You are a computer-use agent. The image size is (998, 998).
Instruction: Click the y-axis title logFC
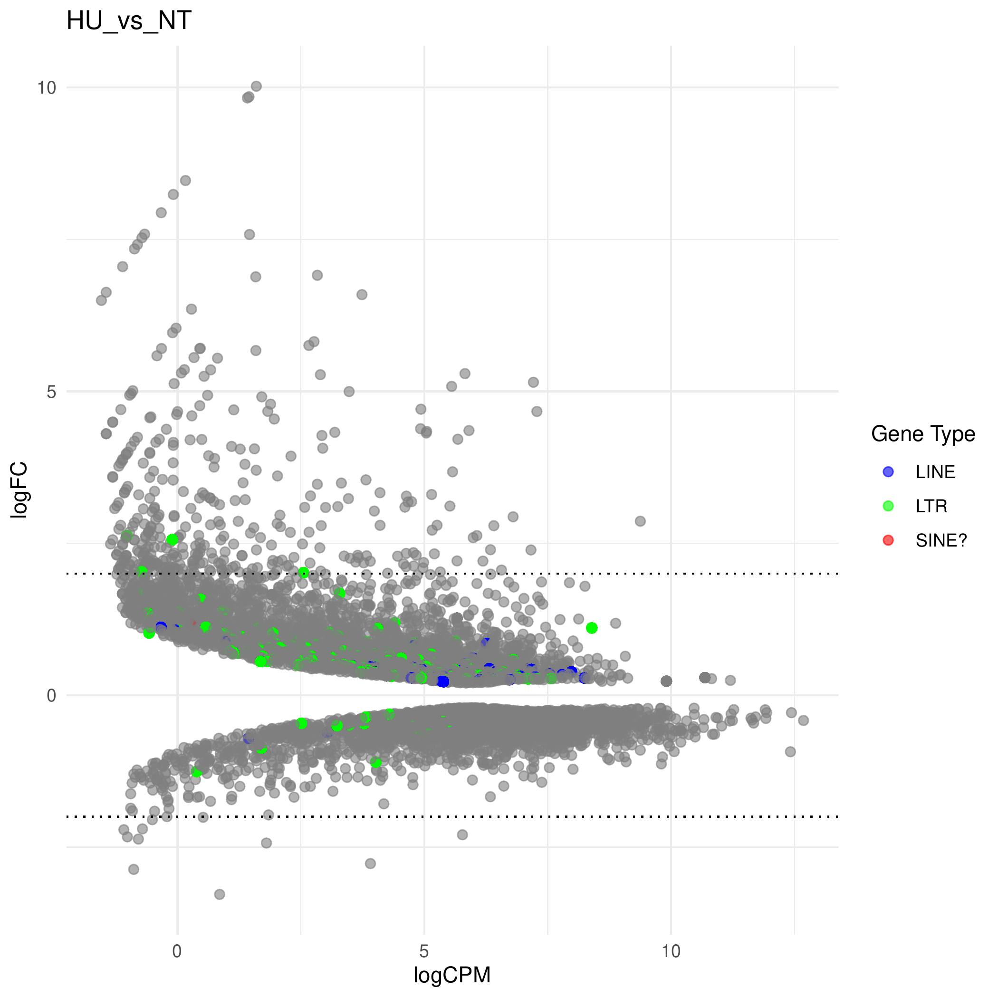tap(19, 489)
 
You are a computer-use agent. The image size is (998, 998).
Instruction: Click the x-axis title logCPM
tap(451, 975)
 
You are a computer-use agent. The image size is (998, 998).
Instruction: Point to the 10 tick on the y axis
tap(46, 88)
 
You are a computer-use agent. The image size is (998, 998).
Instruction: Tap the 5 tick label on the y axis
tap(51, 392)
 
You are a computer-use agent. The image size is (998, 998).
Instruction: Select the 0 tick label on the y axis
tap(51, 696)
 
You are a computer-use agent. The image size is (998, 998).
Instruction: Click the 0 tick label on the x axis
tap(177, 951)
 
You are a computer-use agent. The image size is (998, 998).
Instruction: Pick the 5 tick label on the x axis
tap(424, 951)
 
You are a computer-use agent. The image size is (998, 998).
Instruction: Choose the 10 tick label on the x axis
tap(671, 951)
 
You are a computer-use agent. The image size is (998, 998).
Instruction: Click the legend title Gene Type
tap(922, 434)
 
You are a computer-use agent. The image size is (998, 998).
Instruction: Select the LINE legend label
tap(935, 472)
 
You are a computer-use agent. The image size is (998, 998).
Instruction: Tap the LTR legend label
tap(931, 506)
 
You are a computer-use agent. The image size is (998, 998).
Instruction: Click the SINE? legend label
tap(940, 540)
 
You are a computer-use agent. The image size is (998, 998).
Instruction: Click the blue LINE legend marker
tap(888, 471)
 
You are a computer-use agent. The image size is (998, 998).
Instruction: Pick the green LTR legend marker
tap(888, 506)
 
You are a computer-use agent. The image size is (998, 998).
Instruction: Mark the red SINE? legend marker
tap(888, 540)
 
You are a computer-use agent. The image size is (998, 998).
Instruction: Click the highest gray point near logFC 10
tap(256, 86)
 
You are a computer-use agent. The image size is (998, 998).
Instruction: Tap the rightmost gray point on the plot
tap(803, 720)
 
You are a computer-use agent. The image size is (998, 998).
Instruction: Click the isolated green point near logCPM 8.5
tap(592, 628)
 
